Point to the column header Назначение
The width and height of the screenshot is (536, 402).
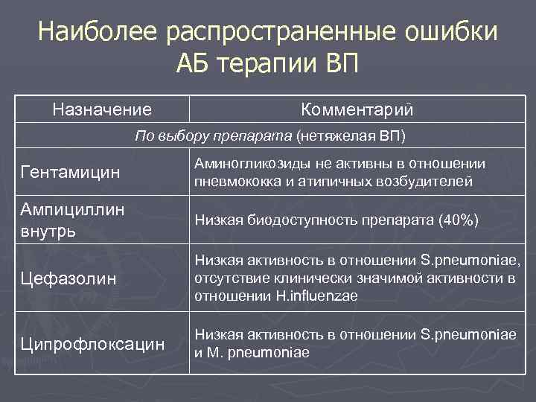point(102,110)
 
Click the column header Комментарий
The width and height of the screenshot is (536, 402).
point(357,110)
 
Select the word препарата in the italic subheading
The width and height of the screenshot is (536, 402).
point(261,136)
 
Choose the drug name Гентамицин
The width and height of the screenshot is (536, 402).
point(70,173)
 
